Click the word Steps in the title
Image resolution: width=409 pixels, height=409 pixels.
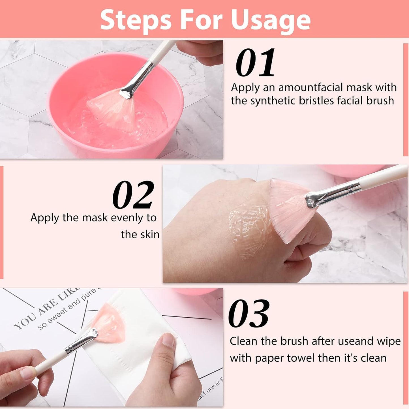136,20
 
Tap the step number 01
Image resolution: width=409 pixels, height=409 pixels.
255,63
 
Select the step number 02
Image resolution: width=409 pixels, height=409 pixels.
133,195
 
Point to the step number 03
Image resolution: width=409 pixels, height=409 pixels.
249,314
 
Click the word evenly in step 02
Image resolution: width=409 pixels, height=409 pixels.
123,218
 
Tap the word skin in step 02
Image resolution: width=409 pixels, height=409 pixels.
150,234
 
